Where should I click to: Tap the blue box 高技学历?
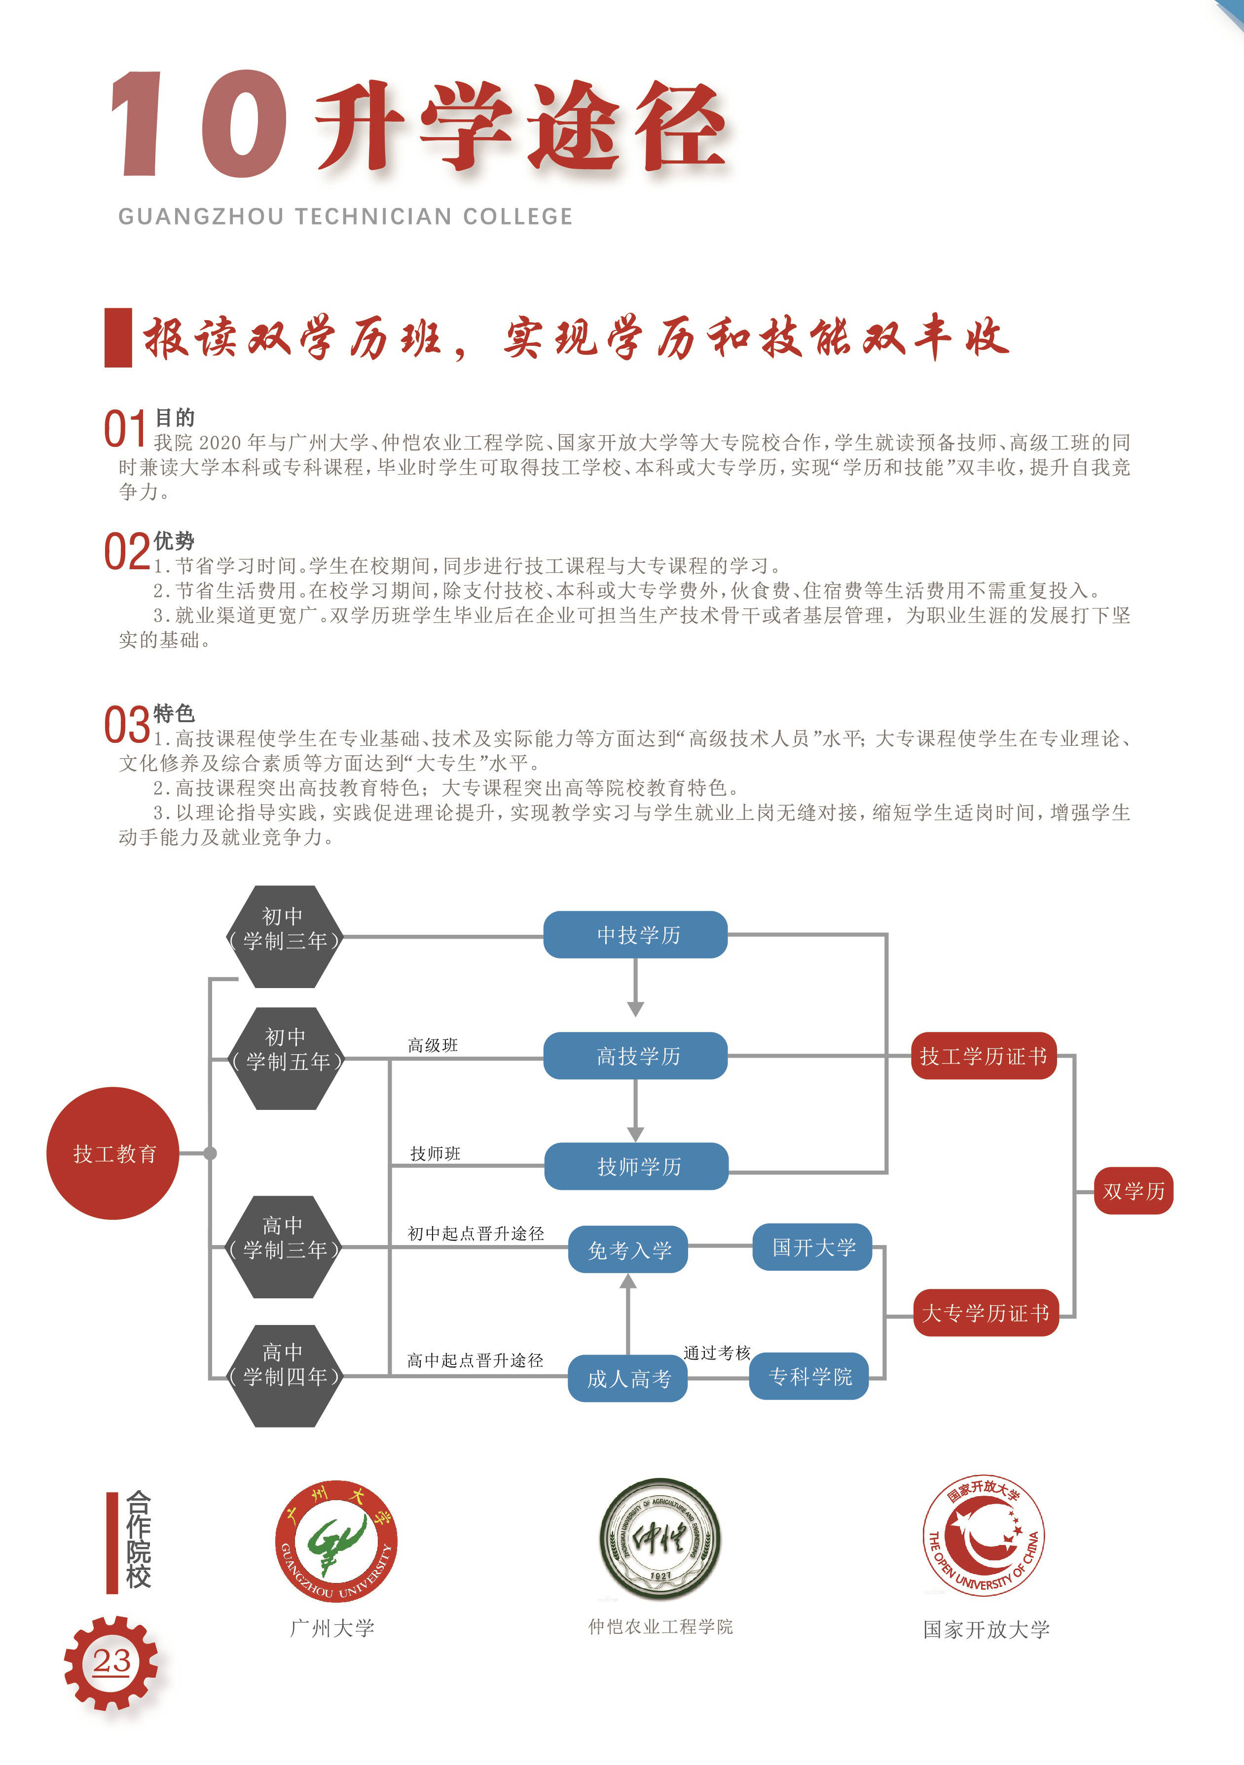[x=635, y=1056]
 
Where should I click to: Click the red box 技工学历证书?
[x=984, y=1056]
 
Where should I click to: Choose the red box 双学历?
[x=1134, y=1191]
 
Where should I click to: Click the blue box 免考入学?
[x=628, y=1249]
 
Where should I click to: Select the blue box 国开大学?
[x=812, y=1247]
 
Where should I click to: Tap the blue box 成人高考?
[x=627, y=1378]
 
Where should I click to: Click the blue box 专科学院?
[x=809, y=1376]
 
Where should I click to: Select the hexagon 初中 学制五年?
[x=286, y=1059]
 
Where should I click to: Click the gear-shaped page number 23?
[x=111, y=1663]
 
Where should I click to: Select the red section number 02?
[x=127, y=551]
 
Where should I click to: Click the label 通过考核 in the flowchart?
[x=717, y=1352]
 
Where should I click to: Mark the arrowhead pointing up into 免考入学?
[x=628, y=1281]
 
